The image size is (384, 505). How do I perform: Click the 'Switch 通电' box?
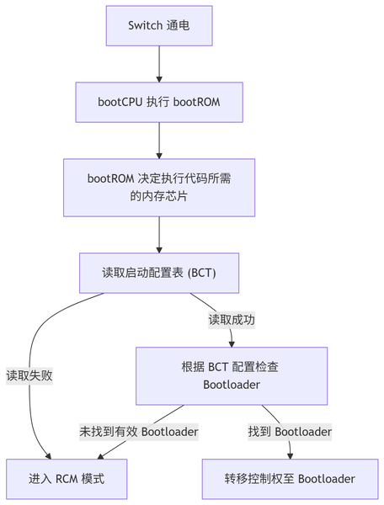[158, 25]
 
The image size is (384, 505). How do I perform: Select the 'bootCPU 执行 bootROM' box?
[158, 103]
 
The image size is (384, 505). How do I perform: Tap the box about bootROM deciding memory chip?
[158, 187]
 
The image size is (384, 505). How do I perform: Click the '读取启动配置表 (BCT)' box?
[158, 272]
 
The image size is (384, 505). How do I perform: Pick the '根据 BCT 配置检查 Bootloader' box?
[232, 375]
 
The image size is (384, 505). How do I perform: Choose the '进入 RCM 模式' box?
[67, 479]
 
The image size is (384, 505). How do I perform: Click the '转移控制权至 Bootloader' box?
[290, 479]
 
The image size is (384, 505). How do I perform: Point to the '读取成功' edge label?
[232, 320]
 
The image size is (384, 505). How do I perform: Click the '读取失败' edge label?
[29, 375]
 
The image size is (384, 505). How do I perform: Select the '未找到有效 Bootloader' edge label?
[139, 432]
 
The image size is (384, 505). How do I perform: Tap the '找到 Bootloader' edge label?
[290, 432]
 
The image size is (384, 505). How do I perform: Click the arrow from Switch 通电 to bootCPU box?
[158, 64]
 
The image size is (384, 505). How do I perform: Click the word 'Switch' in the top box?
[145, 25]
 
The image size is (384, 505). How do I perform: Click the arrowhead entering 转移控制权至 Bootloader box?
[290, 454]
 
